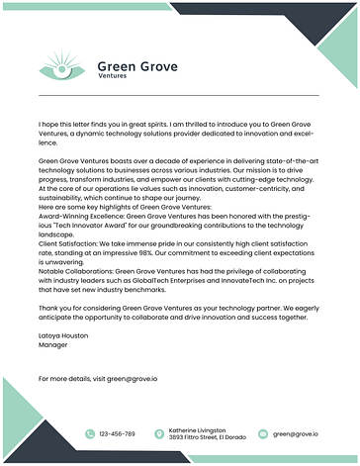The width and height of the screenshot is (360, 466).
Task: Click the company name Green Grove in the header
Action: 137,66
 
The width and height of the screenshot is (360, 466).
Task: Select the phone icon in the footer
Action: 90,433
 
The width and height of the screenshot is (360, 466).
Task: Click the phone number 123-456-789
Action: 118,433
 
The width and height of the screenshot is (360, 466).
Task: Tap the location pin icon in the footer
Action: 159,433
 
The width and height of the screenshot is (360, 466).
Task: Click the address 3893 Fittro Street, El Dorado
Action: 206,437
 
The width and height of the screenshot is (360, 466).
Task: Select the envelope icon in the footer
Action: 263,433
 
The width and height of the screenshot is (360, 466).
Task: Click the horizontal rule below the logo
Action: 178,95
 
